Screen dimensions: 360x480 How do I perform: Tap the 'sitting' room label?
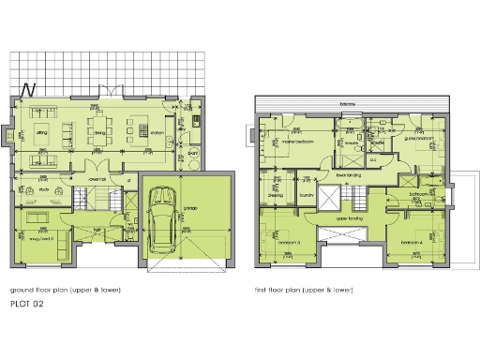[x=42, y=134]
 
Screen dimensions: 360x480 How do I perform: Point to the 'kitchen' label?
[x=157, y=134]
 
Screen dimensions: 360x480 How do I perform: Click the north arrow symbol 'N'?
[x=29, y=90]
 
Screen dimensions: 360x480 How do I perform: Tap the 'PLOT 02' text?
[x=26, y=305]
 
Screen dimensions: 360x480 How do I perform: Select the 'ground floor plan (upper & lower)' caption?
[x=66, y=290]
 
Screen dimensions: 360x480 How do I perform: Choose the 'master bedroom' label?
[x=297, y=142]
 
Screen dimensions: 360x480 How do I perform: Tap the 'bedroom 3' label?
[x=288, y=243]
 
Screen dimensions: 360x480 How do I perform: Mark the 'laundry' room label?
[x=306, y=195]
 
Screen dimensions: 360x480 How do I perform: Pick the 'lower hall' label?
[x=97, y=176]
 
